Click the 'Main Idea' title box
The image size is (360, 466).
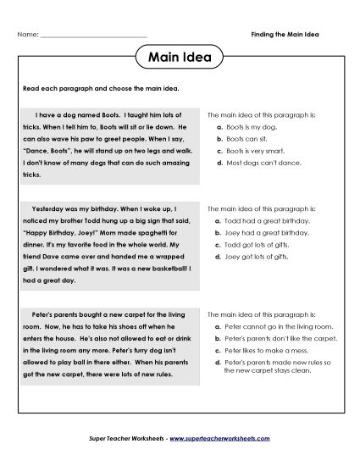point(180,58)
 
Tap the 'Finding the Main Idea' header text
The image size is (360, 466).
point(291,34)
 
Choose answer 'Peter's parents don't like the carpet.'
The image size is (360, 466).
point(280,338)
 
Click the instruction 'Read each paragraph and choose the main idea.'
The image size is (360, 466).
point(101,88)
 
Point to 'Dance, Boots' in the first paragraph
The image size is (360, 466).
point(48,146)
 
